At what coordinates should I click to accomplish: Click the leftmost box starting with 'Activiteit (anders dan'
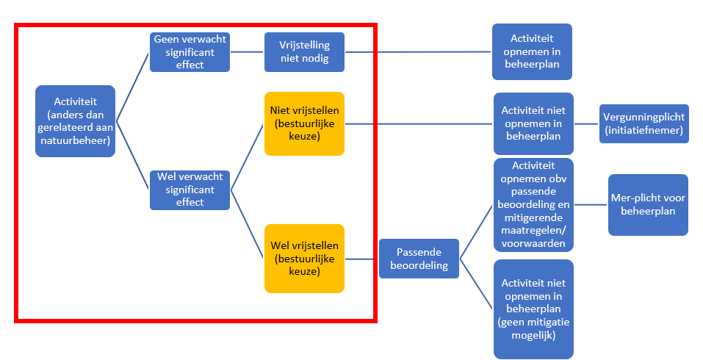(x=76, y=121)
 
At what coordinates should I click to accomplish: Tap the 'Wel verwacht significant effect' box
(x=190, y=190)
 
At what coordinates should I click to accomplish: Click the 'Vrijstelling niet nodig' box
(x=304, y=51)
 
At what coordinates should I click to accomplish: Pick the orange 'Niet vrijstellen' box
(x=304, y=123)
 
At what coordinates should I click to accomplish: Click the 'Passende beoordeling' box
(x=419, y=259)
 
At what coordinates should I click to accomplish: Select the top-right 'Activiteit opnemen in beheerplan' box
(x=532, y=51)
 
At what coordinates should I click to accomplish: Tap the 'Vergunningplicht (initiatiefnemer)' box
(x=644, y=123)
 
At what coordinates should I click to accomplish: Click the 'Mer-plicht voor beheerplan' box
(x=648, y=205)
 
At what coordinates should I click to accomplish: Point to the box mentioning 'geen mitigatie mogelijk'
(x=533, y=309)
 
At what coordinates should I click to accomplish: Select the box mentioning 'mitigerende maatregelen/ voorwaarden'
(x=533, y=205)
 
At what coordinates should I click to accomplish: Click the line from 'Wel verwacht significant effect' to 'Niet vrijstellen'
(x=248, y=156)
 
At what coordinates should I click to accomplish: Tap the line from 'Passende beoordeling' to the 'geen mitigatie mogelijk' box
(x=476, y=287)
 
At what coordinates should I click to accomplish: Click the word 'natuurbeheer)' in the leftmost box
(x=76, y=142)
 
